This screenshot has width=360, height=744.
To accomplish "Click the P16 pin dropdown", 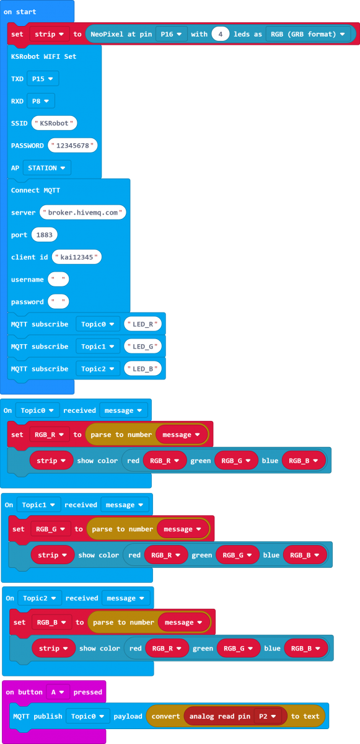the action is pyautogui.click(x=171, y=34).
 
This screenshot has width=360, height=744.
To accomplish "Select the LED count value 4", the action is pyautogui.click(x=221, y=34).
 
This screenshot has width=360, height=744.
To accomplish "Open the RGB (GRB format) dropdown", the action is pyautogui.click(x=307, y=34).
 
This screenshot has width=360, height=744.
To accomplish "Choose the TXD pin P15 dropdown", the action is pyautogui.click(x=43, y=79).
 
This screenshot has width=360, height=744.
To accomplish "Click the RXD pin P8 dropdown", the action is pyautogui.click(x=40, y=101).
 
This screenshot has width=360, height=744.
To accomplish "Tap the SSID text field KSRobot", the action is pyautogui.click(x=54, y=123).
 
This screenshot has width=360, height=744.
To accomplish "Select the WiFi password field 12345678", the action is pyautogui.click(x=72, y=146).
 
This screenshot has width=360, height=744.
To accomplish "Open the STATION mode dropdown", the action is pyautogui.click(x=47, y=168).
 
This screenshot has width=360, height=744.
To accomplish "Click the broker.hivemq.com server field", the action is pyautogui.click(x=82, y=213).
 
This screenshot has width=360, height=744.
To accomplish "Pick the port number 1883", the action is pyautogui.click(x=44, y=235).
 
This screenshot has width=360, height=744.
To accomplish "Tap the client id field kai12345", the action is pyautogui.click(x=77, y=257).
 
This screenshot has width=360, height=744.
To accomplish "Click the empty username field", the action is pyautogui.click(x=58, y=280).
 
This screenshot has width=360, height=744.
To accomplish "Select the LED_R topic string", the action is pyautogui.click(x=143, y=324).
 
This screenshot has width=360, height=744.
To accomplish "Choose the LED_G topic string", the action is pyautogui.click(x=143, y=347).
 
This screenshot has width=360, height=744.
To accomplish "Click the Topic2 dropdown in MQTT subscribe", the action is pyautogui.click(x=97, y=369).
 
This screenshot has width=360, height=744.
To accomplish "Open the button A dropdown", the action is pyautogui.click(x=58, y=692).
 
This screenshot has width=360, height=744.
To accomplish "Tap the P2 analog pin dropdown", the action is pyautogui.click(x=268, y=717).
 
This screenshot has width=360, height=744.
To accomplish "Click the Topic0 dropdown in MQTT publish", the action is pyautogui.click(x=87, y=717).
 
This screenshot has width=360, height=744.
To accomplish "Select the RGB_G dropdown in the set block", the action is pyautogui.click(x=50, y=529).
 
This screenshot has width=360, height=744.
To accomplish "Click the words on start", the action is pyautogui.click(x=20, y=12).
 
